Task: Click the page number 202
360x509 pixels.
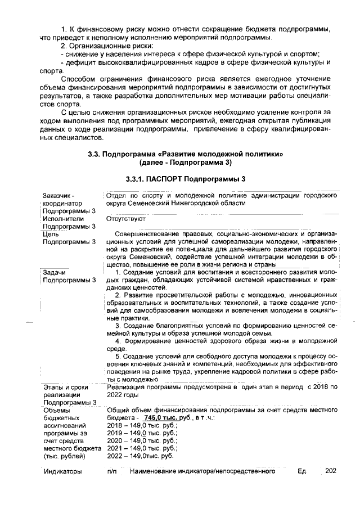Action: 331,471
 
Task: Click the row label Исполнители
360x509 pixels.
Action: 63,219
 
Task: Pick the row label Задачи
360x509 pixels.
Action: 55,272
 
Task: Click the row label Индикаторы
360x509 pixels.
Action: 63,472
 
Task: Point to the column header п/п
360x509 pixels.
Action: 111,472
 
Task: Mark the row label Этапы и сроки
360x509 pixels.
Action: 63,387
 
